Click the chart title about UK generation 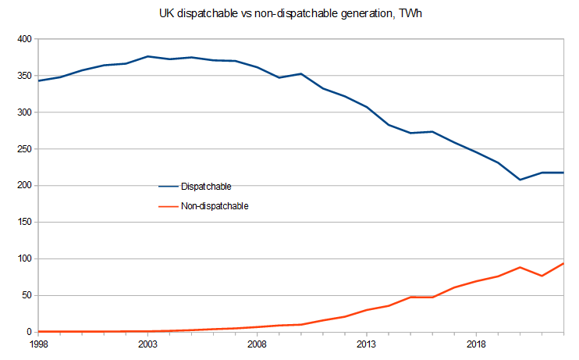[x=289, y=13]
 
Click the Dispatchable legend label [x=206, y=187]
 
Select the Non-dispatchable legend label [x=215, y=206]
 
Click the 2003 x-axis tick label [x=147, y=344]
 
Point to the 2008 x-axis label [x=258, y=344]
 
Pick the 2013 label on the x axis [x=367, y=344]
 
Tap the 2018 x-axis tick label [x=477, y=344]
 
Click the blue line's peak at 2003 [x=147, y=56]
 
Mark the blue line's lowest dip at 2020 [x=520, y=180]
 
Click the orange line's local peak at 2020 [x=520, y=267]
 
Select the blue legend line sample [x=169, y=187]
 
